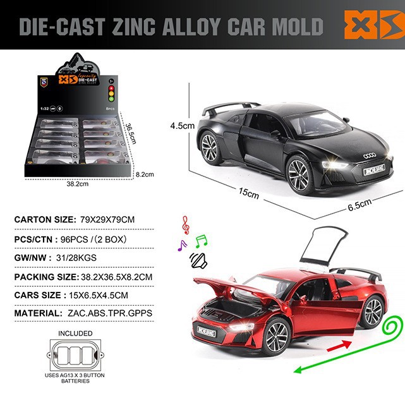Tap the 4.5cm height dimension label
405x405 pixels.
(181, 126)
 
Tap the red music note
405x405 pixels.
(185, 224)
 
